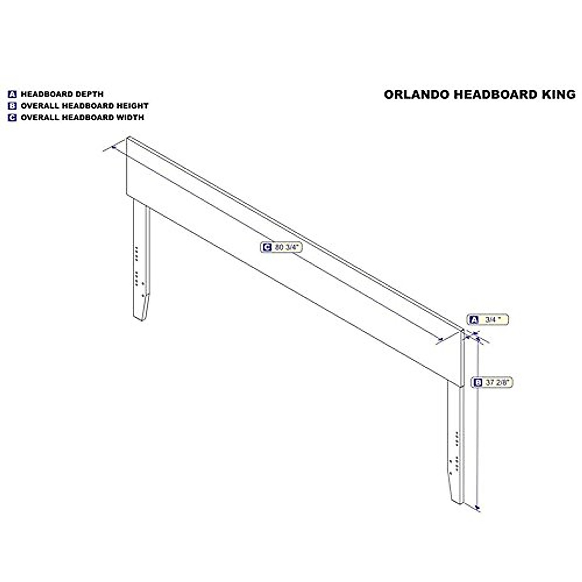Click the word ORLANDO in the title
point(417,95)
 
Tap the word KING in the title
point(559,95)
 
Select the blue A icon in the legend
point(13,94)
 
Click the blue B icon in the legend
point(13,106)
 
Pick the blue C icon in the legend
point(13,117)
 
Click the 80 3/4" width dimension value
point(288,247)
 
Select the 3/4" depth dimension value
point(492,320)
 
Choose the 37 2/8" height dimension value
point(497,382)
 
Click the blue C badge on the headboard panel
point(266,247)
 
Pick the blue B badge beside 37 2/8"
point(478,382)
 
